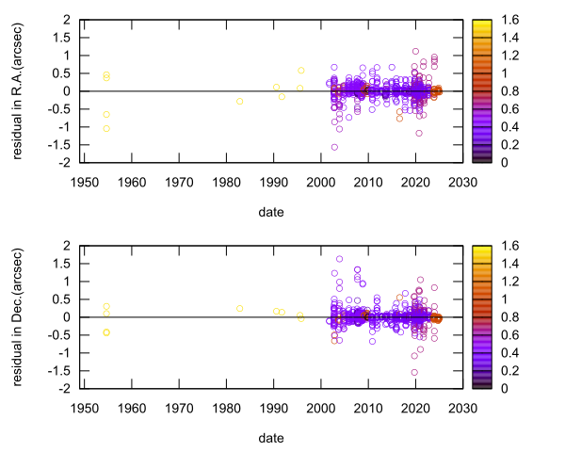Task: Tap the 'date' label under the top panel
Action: [271, 212]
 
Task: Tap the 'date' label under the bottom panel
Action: [271, 438]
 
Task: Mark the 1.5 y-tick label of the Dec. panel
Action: [67, 263]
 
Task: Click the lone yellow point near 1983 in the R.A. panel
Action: [240, 101]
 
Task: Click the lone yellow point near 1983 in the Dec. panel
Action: [240, 308]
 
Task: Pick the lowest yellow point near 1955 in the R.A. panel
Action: [106, 128]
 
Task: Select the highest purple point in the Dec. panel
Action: [340, 259]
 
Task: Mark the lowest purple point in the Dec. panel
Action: [414, 372]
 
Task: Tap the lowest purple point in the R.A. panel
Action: [334, 147]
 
